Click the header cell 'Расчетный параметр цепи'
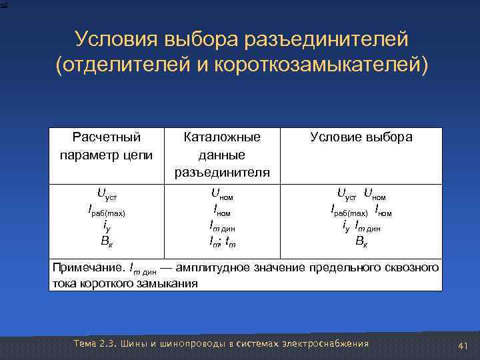point(106,146)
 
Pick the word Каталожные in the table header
point(222,137)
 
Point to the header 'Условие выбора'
point(361,137)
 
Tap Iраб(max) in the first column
point(106,212)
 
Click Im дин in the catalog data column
point(222,227)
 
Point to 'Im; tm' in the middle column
point(222,241)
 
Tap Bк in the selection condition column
point(361,241)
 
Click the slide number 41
point(464,345)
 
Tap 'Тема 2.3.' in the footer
point(95,343)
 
